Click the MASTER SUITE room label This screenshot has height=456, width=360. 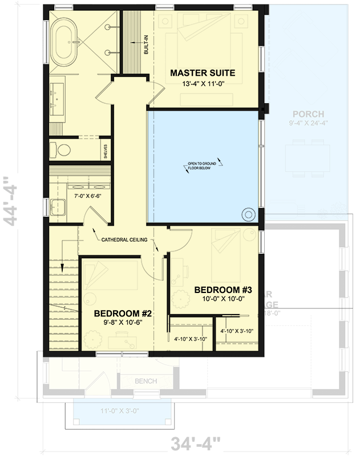tap(203, 72)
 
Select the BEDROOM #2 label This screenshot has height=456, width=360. tap(123, 313)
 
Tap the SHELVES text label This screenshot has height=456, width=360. tap(104, 151)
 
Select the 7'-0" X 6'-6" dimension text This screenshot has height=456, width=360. tap(88, 196)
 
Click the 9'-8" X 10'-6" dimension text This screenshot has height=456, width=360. tap(122, 323)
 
